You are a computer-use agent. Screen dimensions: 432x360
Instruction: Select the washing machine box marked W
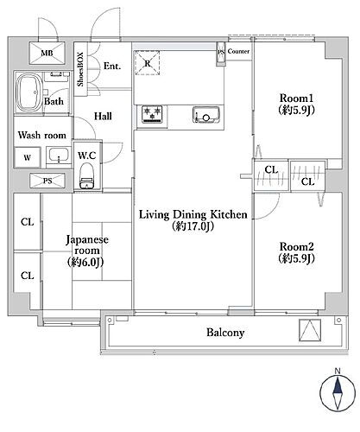(27, 157)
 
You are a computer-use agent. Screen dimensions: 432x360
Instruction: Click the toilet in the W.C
(85, 181)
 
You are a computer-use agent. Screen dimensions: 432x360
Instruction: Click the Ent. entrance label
(111, 66)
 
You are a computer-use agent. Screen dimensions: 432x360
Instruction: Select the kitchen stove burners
(153, 113)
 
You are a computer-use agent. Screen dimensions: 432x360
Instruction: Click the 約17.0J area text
(193, 228)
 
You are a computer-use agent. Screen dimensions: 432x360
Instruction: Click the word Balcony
(225, 333)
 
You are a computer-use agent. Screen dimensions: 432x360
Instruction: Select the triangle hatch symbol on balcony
(309, 333)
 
